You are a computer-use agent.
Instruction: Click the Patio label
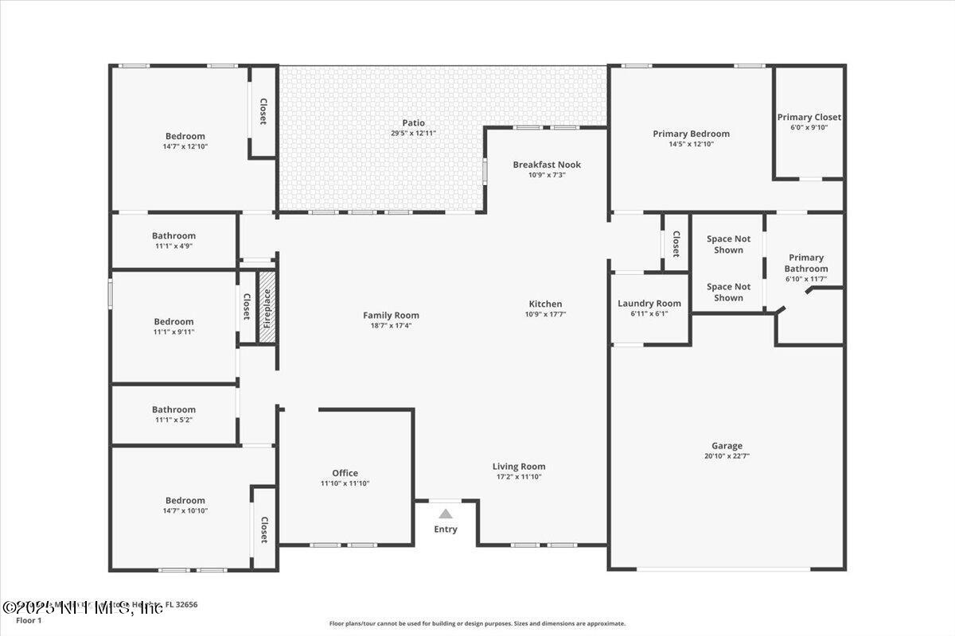pyautogui.click(x=413, y=123)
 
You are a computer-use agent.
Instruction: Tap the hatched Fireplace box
pyautogui.click(x=267, y=307)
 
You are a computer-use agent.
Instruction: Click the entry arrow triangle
pyautogui.click(x=446, y=514)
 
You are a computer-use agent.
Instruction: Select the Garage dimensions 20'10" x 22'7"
pyautogui.click(x=727, y=456)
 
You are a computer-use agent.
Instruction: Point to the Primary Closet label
pyautogui.click(x=809, y=118)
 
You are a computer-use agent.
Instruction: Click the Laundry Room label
pyautogui.click(x=649, y=303)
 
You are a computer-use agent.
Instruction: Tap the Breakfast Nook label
pyautogui.click(x=547, y=165)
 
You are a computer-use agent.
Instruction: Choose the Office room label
pyautogui.click(x=345, y=473)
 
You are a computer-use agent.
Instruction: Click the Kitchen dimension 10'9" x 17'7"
pyautogui.click(x=545, y=314)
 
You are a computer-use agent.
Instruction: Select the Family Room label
pyautogui.click(x=391, y=316)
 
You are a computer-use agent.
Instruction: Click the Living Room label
pyautogui.click(x=519, y=467)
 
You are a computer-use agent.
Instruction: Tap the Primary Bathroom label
pyautogui.click(x=806, y=263)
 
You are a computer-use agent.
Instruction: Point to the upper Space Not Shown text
pyautogui.click(x=728, y=244)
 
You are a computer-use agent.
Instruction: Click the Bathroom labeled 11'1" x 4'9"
pyautogui.click(x=173, y=236)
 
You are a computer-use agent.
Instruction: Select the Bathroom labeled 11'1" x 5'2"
pyautogui.click(x=173, y=409)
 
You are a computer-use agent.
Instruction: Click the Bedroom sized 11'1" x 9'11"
pyautogui.click(x=173, y=322)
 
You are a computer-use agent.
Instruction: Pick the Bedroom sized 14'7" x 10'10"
pyautogui.click(x=185, y=501)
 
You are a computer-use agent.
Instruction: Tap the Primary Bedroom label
pyautogui.click(x=691, y=134)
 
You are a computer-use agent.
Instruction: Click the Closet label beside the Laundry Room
pyautogui.click(x=676, y=243)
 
